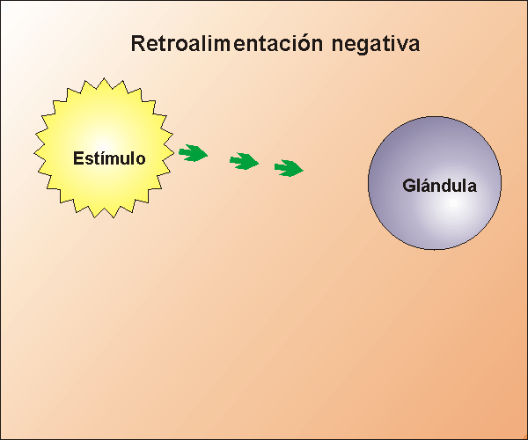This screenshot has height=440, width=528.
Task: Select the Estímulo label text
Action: (x=108, y=159)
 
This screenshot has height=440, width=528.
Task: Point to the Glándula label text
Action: (x=439, y=187)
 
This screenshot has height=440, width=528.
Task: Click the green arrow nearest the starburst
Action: (x=193, y=154)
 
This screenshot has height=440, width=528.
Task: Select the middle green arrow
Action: (x=244, y=161)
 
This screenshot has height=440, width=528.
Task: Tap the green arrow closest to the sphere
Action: (x=289, y=167)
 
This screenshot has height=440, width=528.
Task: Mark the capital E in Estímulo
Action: (x=77, y=159)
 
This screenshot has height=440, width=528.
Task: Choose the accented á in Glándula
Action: (x=427, y=187)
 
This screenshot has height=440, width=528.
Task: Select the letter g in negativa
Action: (x=361, y=45)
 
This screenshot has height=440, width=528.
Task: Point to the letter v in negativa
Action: (x=401, y=44)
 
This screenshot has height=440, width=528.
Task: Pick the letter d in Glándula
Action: (x=448, y=187)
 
